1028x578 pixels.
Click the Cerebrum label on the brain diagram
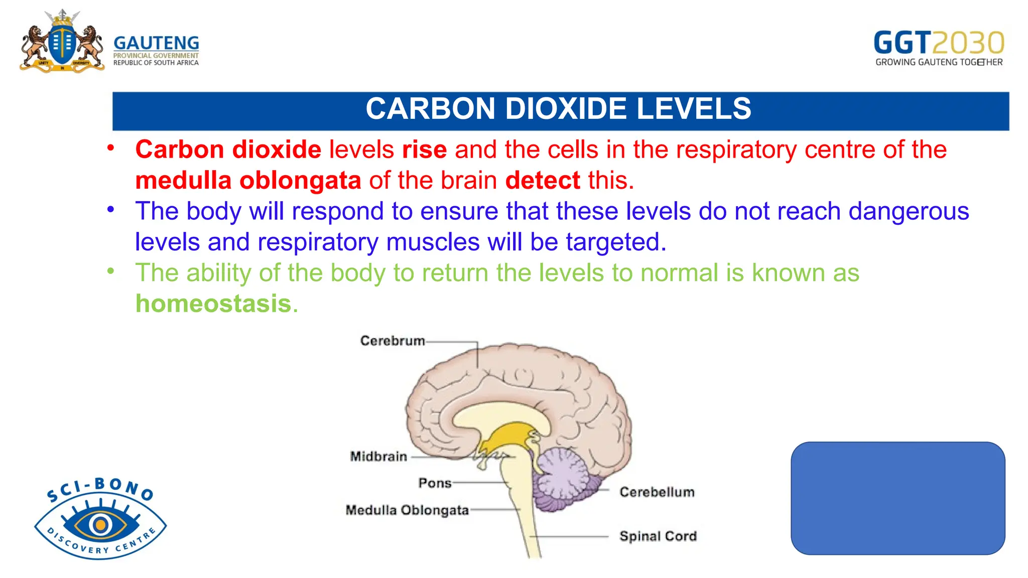(393, 341)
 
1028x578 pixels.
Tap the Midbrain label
(378, 457)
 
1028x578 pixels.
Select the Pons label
(435, 483)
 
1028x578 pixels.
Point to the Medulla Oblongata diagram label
(407, 510)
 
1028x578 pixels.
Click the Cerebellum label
(657, 492)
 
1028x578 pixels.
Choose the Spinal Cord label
(658, 536)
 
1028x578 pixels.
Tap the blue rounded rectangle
(897, 498)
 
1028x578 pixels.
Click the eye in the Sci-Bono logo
(100, 525)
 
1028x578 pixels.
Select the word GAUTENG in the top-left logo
(156, 43)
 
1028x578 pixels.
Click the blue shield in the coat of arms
(62, 44)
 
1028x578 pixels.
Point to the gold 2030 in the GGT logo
(968, 43)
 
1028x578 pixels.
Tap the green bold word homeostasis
(214, 304)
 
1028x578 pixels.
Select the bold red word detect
(543, 181)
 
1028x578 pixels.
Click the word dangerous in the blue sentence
(909, 211)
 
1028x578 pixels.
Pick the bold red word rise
(424, 150)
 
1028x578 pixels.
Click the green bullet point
(111, 271)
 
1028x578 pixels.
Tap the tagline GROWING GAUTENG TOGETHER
(939, 62)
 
